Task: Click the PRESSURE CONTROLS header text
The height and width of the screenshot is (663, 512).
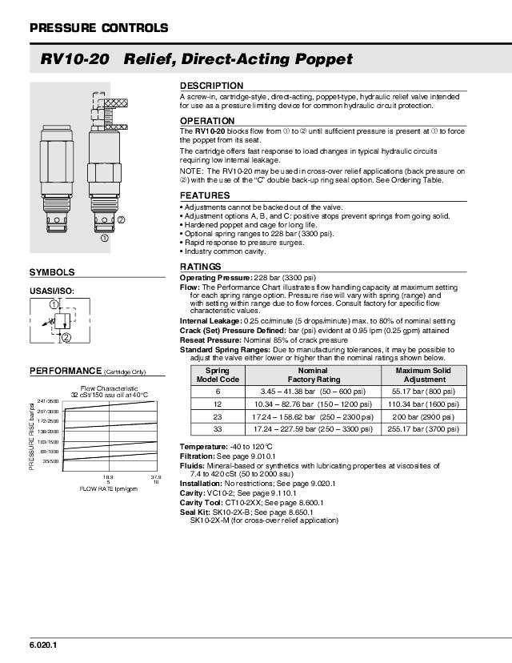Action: [98, 28]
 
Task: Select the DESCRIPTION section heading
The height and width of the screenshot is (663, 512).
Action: [211, 86]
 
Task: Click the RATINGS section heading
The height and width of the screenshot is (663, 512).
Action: [200, 267]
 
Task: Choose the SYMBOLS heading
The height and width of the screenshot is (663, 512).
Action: [52, 273]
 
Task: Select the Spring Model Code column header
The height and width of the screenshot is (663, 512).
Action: [218, 375]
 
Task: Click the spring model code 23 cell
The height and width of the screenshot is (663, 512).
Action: [218, 417]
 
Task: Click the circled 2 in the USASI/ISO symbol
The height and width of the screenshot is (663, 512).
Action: [66, 337]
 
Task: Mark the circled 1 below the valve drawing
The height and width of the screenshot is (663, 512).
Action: [103, 237]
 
